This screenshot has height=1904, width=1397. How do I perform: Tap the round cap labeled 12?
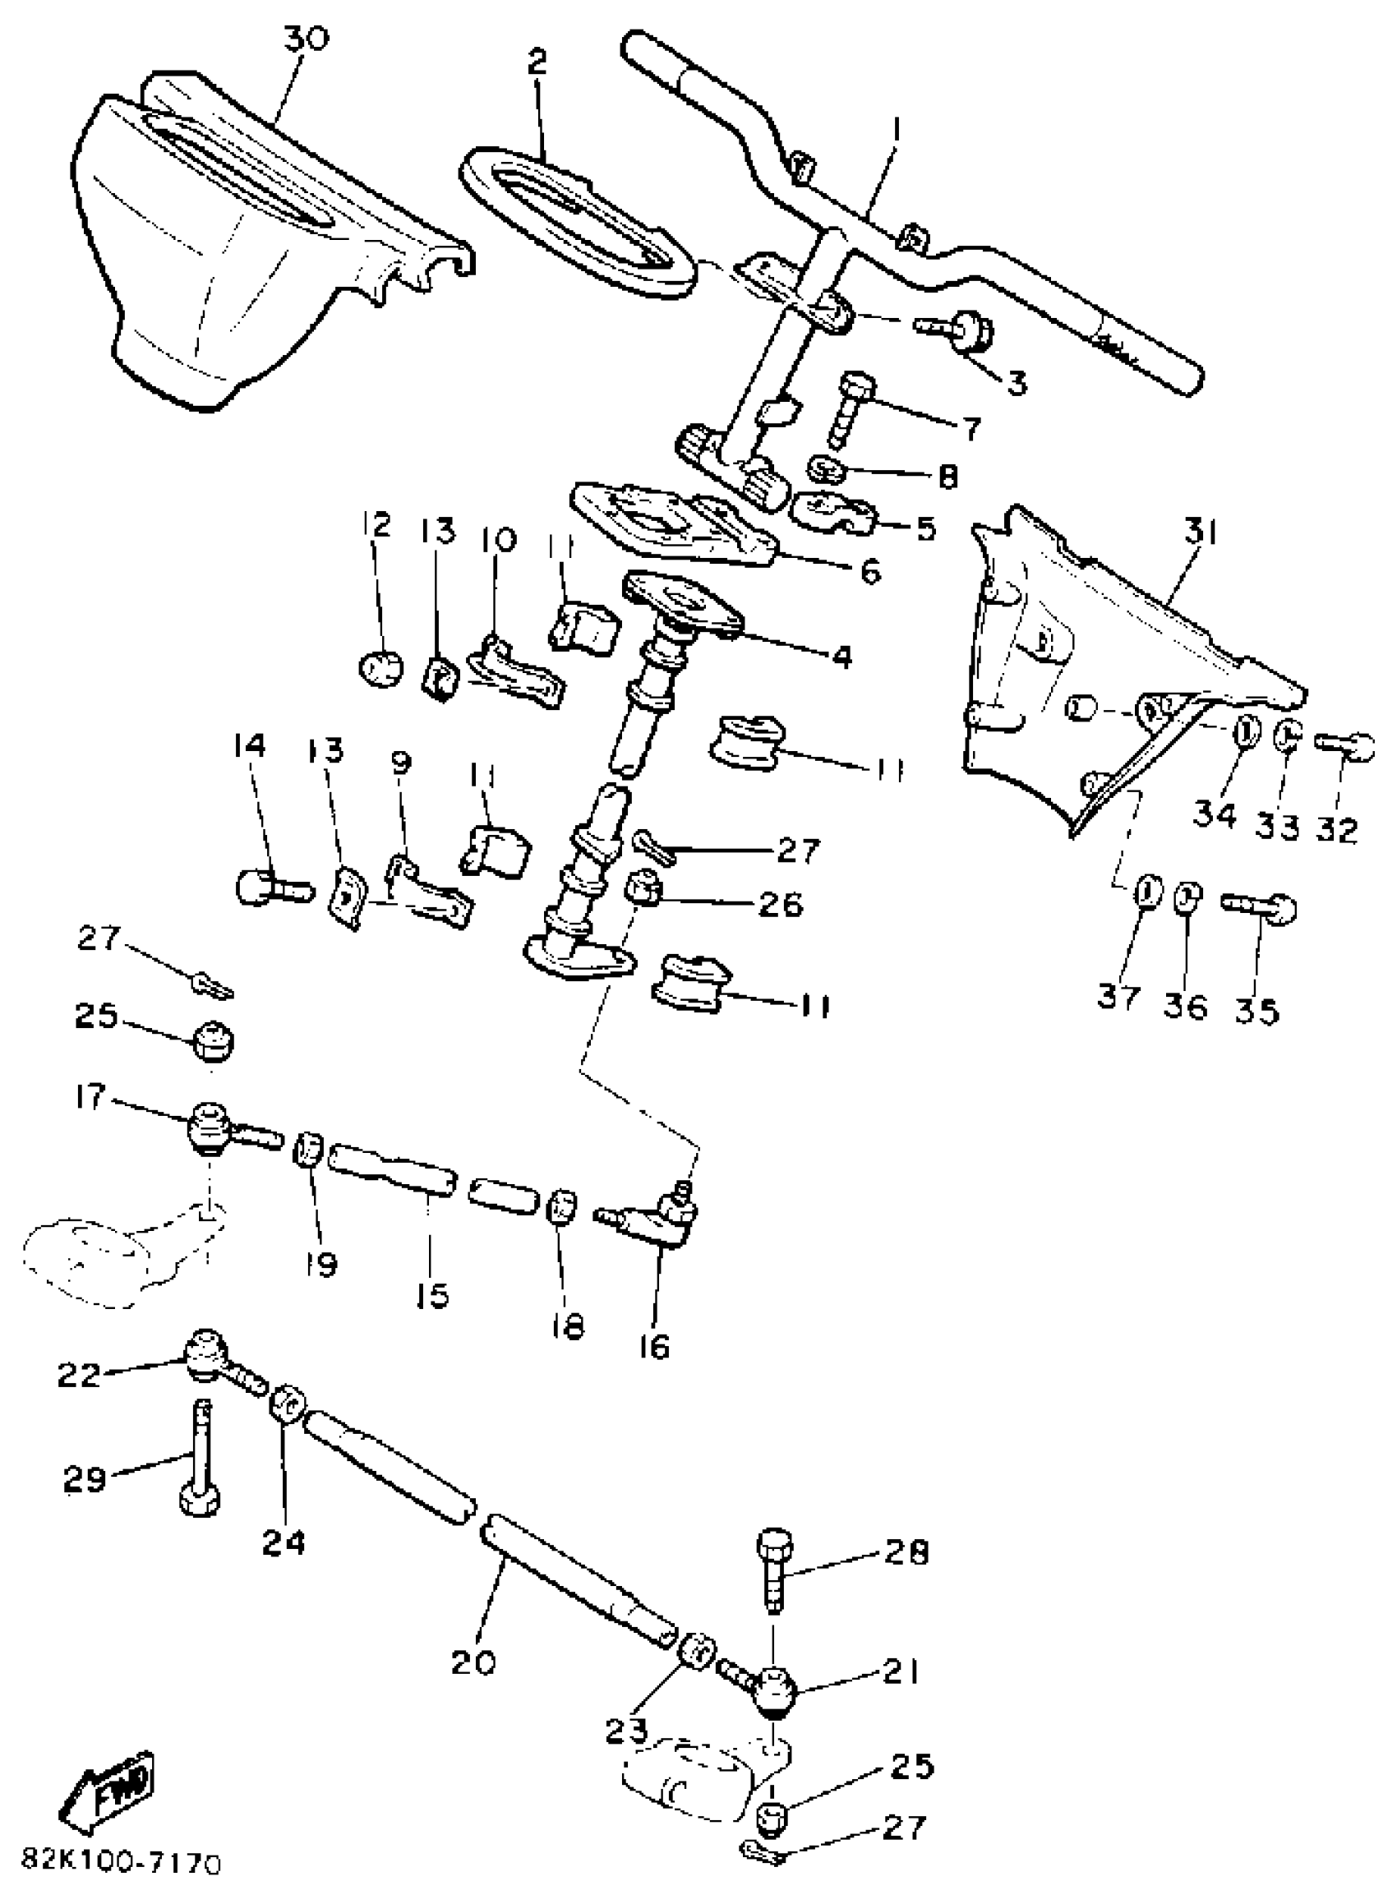pyautogui.click(x=380, y=668)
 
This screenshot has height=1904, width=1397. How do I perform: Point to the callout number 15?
pyautogui.click(x=432, y=1295)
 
